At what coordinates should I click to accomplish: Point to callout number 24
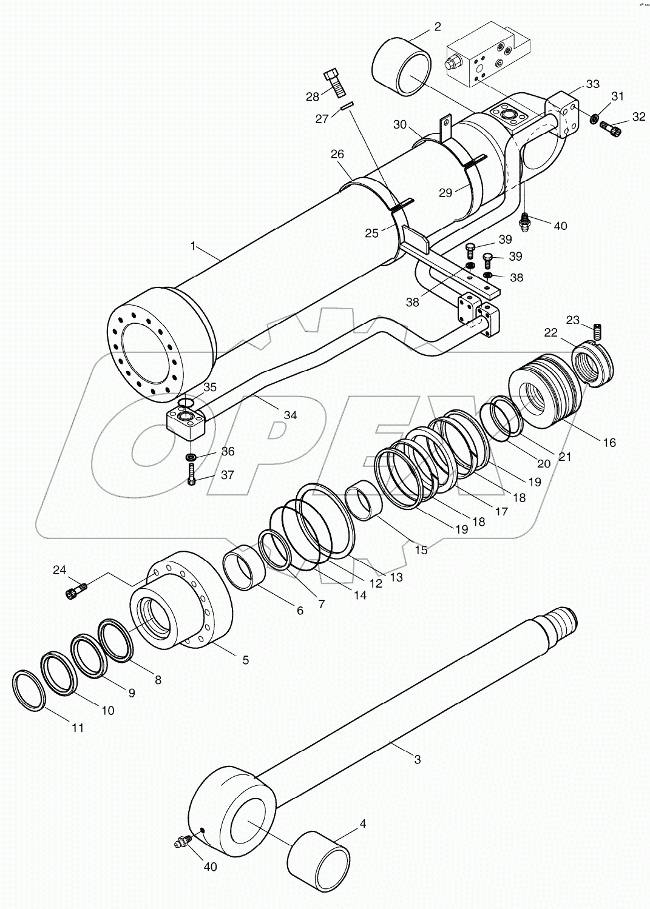[x=59, y=569]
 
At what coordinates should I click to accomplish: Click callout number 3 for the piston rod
[x=417, y=759]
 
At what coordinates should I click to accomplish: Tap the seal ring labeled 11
[x=29, y=691]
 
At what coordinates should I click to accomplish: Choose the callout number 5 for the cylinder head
[x=245, y=660]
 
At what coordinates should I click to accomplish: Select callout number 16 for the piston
[x=609, y=443]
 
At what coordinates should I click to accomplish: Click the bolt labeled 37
[x=192, y=474]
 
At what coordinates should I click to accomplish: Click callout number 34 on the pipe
[x=290, y=415]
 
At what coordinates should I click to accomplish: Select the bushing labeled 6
[x=245, y=568]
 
